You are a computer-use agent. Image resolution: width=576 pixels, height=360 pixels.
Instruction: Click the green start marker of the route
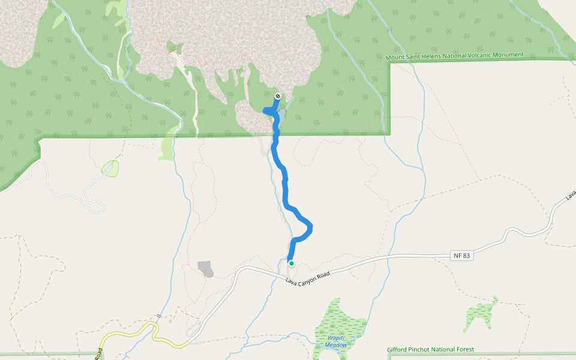(x=291, y=263)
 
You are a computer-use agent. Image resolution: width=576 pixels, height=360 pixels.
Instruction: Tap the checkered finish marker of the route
(x=278, y=96)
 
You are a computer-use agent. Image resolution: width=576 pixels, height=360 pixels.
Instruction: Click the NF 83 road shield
(x=461, y=256)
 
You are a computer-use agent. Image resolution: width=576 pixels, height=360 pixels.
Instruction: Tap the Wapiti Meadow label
(x=336, y=341)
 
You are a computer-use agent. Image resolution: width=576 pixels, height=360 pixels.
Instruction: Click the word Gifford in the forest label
(x=398, y=350)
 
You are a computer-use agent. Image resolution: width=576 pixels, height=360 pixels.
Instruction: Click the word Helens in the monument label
(x=431, y=56)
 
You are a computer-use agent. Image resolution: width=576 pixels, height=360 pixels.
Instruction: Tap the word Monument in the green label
(x=509, y=55)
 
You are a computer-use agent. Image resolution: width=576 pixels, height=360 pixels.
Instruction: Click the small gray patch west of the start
(x=205, y=268)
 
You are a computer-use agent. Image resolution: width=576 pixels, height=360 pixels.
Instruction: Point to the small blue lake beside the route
(x=281, y=114)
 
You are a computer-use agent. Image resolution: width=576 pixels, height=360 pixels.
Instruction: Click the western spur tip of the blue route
(x=265, y=109)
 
